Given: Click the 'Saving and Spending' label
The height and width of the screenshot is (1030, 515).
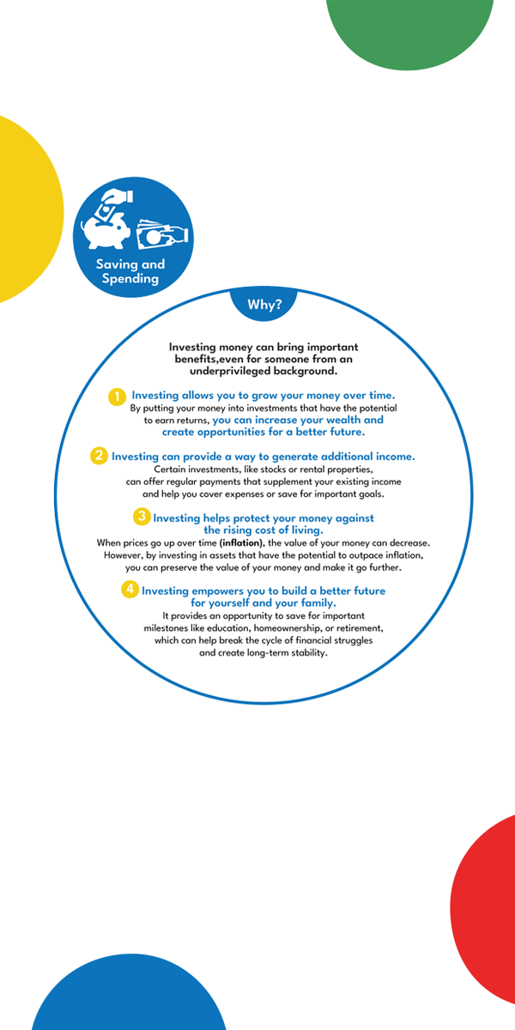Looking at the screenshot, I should click(130, 271).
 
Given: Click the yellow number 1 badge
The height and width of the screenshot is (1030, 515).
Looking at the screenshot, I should click(117, 396).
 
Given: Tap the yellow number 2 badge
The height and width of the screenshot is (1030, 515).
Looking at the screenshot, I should click(99, 456).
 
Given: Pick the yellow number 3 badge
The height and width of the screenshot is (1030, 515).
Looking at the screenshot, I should click(141, 517).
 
